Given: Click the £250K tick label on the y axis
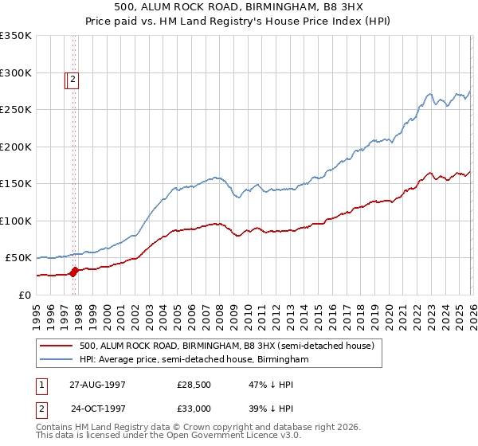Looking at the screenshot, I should (x=16, y=110).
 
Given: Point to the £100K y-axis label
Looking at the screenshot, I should (x=16, y=221).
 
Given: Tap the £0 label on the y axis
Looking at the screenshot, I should (x=25, y=295).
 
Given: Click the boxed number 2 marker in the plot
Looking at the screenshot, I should (x=72, y=79).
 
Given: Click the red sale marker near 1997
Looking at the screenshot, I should (x=74, y=271).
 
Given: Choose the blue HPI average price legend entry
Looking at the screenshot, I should (x=194, y=360).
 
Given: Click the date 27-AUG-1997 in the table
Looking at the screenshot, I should (x=97, y=384).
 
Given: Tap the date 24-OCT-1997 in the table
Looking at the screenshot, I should (x=97, y=408).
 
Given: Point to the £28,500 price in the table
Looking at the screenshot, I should (x=194, y=384).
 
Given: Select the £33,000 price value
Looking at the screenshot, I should (x=194, y=408).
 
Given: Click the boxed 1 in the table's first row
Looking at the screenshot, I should (x=41, y=384).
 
